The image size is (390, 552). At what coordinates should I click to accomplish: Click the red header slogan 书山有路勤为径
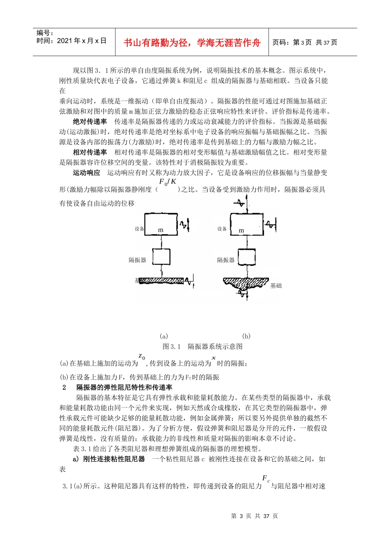click(x=192, y=43)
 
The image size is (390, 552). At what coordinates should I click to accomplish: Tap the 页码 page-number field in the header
click(x=305, y=42)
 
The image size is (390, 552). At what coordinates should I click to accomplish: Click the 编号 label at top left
click(x=45, y=33)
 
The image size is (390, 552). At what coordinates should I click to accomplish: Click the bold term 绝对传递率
click(x=90, y=122)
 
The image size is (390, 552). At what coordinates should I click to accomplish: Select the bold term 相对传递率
click(x=90, y=152)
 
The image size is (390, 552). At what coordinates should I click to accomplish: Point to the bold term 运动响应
click(x=87, y=173)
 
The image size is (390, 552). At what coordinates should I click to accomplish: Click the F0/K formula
click(x=167, y=182)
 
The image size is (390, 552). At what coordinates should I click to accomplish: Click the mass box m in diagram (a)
click(x=161, y=224)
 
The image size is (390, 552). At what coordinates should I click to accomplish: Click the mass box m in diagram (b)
click(x=246, y=224)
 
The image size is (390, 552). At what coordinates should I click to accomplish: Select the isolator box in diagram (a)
click(x=161, y=257)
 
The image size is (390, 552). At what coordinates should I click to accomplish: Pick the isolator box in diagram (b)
click(x=247, y=257)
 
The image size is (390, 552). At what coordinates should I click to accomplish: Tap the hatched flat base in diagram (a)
click(x=162, y=281)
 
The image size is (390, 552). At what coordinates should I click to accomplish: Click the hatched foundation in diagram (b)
click(x=245, y=283)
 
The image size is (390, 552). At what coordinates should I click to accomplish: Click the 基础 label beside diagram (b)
click(x=276, y=286)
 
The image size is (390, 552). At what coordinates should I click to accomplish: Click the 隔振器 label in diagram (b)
click(x=226, y=260)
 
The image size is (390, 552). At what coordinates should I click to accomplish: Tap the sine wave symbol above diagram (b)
click(x=239, y=203)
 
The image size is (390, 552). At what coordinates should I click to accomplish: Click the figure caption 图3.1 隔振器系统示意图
click(x=202, y=347)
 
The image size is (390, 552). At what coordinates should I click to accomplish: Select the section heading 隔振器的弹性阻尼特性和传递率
click(x=124, y=387)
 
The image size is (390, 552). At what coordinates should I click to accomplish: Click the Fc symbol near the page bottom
click(x=266, y=479)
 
